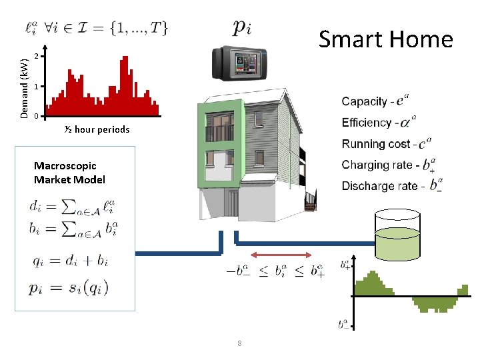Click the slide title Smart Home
(x=385, y=39)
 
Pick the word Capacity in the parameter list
(x=364, y=101)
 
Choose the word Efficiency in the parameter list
(x=367, y=123)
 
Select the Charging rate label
(x=374, y=165)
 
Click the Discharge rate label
(x=379, y=186)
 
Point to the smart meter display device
(x=239, y=63)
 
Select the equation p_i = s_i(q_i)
(x=69, y=288)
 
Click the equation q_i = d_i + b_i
(x=69, y=261)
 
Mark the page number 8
(x=239, y=343)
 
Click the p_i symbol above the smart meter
(x=242, y=27)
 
